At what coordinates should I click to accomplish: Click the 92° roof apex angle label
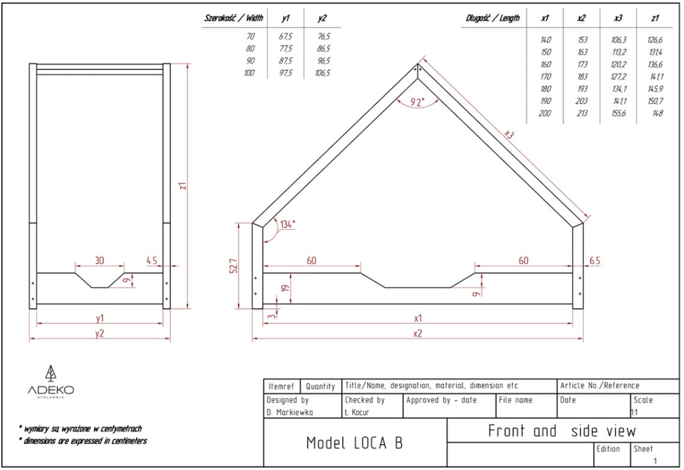418,102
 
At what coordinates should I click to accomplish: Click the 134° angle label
287,225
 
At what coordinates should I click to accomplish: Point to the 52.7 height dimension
234,265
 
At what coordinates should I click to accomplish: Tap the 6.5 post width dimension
594,261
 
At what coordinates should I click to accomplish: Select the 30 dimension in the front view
100,261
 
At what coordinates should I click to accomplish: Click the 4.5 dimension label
152,261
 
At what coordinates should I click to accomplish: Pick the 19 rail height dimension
287,289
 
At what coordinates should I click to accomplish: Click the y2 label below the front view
100,333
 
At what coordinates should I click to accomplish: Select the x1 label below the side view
418,318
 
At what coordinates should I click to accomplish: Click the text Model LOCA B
354,443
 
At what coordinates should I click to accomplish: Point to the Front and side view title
562,430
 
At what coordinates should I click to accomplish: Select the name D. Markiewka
291,413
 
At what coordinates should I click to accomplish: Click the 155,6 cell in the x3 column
618,114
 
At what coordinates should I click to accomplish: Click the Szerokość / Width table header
234,19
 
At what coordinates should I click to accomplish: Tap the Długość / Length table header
493,19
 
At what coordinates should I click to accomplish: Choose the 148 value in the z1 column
656,114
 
